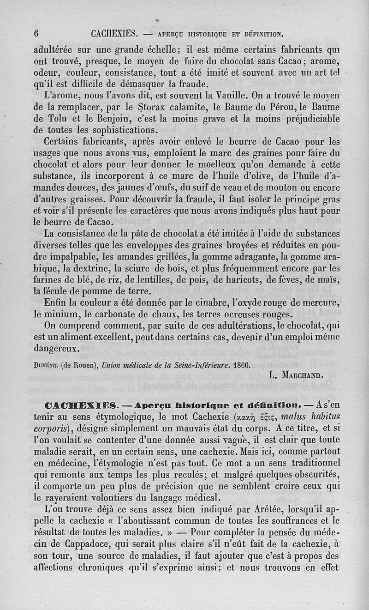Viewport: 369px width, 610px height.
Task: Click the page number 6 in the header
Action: [36, 33]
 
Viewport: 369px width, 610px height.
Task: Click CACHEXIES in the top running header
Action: [115, 33]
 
